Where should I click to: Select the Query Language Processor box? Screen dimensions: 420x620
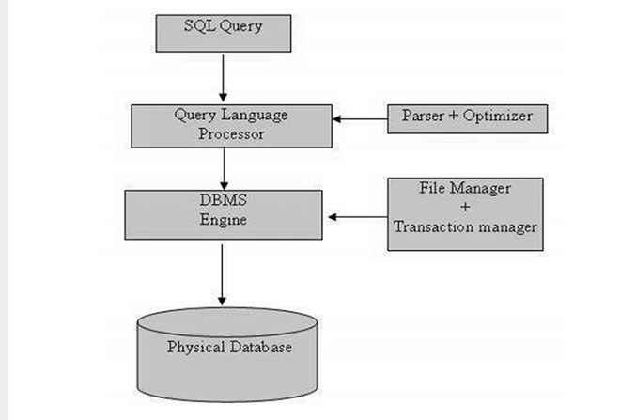tap(223, 125)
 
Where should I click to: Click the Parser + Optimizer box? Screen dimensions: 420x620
tap(467, 118)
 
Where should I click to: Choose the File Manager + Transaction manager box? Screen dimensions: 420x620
tap(465, 214)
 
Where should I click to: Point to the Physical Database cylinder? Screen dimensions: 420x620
tap(229, 357)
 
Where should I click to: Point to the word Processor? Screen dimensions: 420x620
tap(225, 133)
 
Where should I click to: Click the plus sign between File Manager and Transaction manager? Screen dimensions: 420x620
tap(465, 207)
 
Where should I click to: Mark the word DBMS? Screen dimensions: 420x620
tap(224, 199)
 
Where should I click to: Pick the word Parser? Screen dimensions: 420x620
tap(422, 117)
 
